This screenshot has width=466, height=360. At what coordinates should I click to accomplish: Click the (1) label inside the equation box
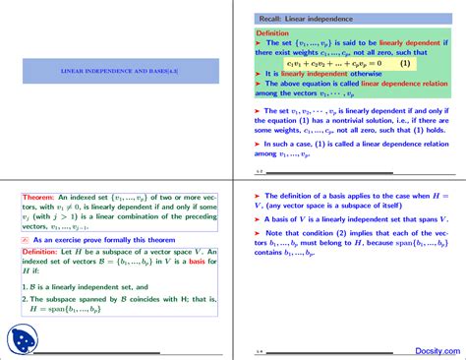point(404,63)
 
